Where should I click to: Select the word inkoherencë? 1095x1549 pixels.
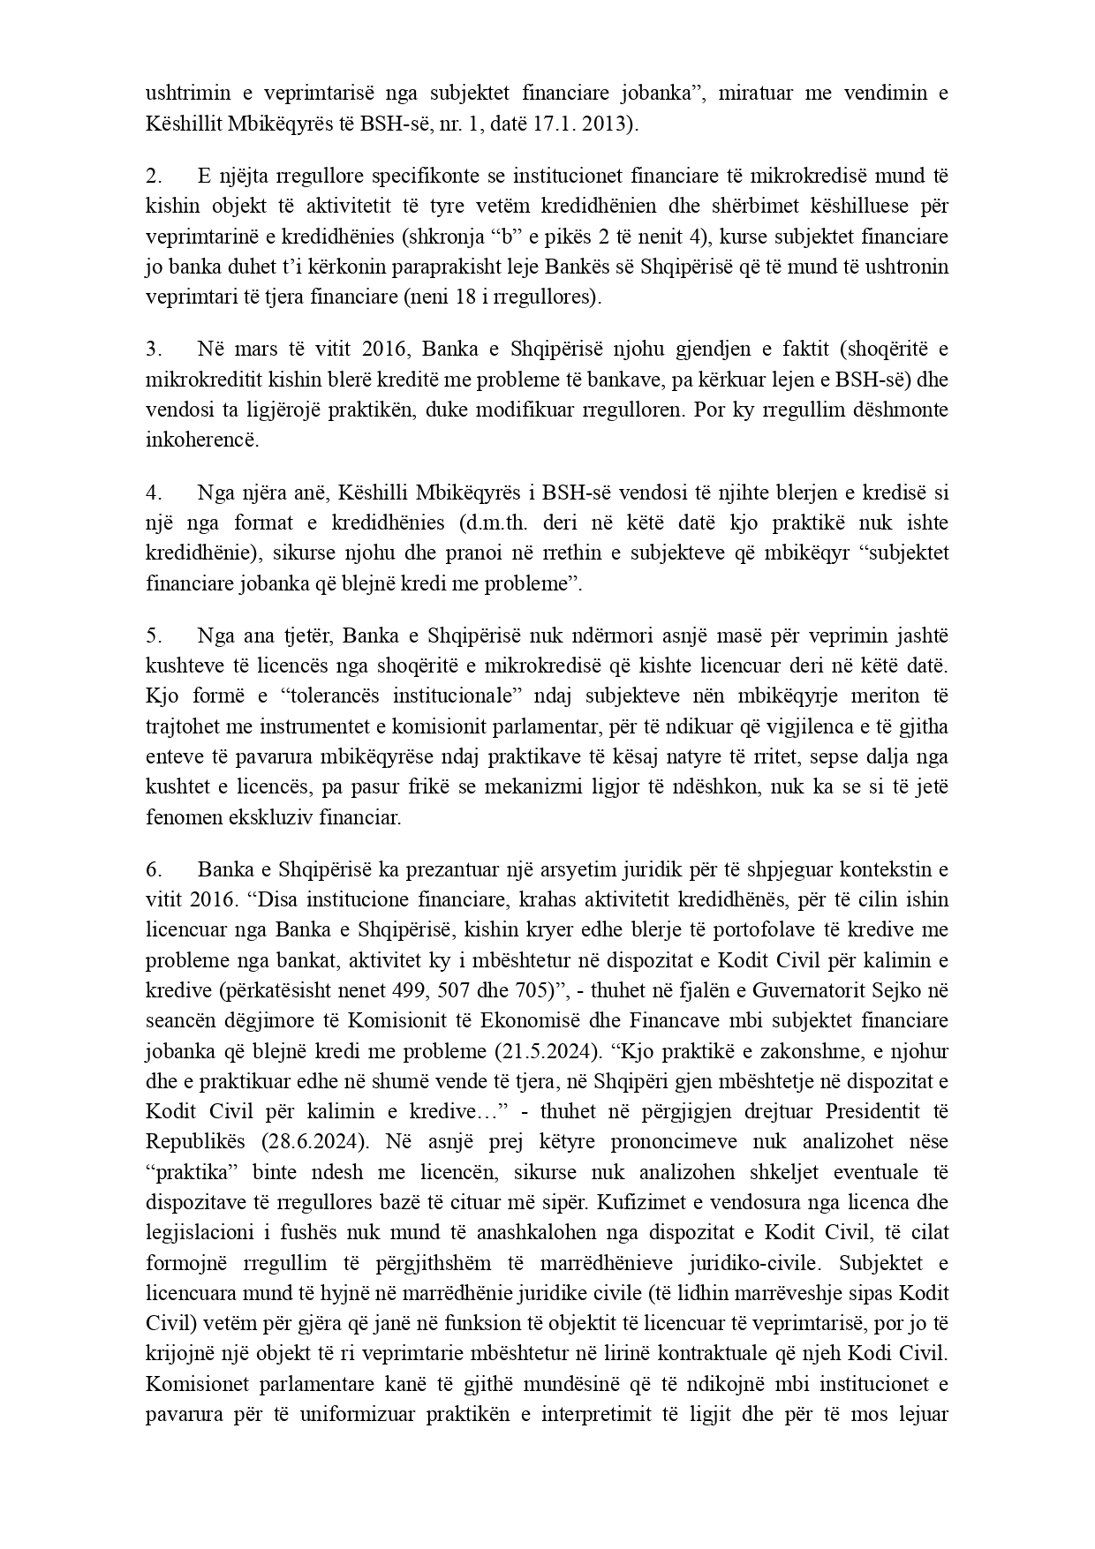(x=202, y=440)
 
